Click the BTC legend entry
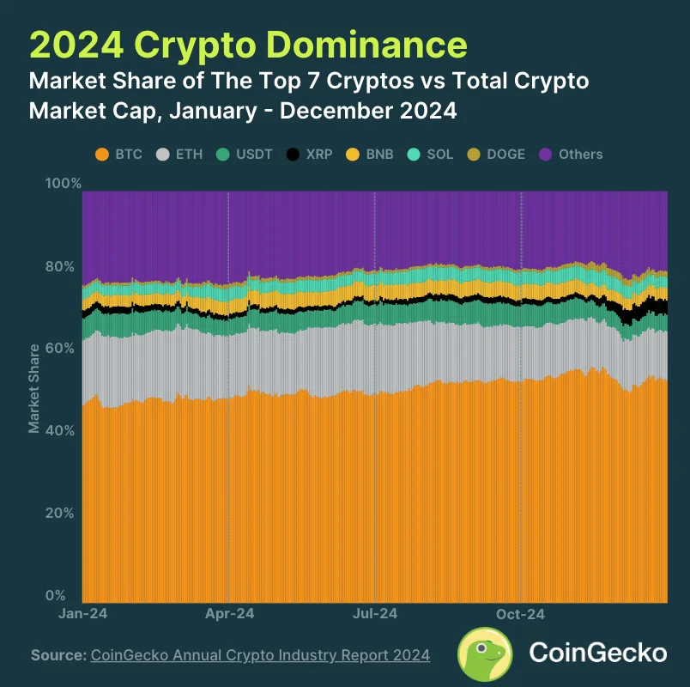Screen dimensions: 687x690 pos(118,155)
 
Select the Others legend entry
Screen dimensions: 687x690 pos(571,155)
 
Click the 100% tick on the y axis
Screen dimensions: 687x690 pos(64,184)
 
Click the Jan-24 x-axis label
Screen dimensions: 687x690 pos(82,614)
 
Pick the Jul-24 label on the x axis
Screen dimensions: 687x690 pos(375,614)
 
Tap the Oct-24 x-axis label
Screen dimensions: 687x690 pos(521,614)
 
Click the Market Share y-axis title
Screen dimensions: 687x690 pos(34,388)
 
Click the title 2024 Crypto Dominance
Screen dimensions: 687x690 pos(248,45)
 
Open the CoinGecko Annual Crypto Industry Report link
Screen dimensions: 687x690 pos(260,655)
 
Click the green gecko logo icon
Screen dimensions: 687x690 pos(485,654)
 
